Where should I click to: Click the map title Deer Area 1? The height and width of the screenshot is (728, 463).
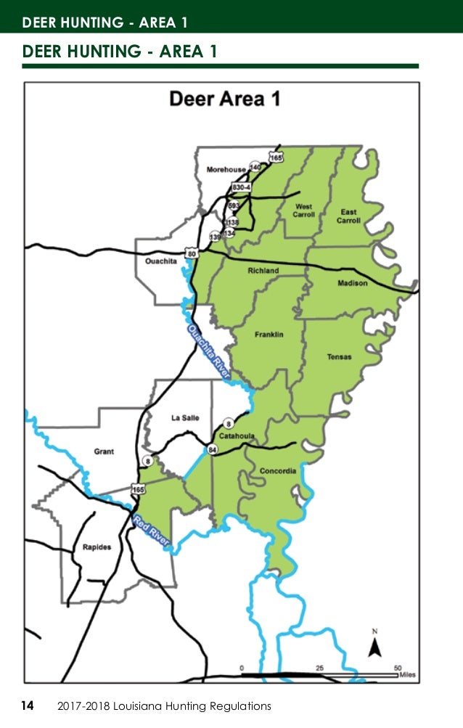click(x=224, y=99)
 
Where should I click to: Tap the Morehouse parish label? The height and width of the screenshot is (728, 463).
click(x=226, y=169)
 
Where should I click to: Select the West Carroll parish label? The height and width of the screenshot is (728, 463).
click(x=303, y=210)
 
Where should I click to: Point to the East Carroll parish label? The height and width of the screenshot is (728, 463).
click(x=348, y=216)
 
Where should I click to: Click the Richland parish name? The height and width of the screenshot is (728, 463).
click(x=263, y=271)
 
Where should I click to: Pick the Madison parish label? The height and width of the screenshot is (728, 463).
click(x=353, y=283)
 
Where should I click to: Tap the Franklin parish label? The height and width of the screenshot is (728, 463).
click(x=269, y=335)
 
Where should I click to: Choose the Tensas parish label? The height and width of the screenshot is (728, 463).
click(x=339, y=357)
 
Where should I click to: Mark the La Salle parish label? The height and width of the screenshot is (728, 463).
click(x=185, y=417)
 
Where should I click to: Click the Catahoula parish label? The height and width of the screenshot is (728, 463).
click(x=237, y=436)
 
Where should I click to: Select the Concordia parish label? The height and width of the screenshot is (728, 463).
click(x=278, y=471)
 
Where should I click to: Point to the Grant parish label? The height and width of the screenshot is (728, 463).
click(x=104, y=451)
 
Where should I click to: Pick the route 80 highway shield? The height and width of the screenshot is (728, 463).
click(x=191, y=253)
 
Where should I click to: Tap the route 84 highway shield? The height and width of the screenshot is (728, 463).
click(x=213, y=451)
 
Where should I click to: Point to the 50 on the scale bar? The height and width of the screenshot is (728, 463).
click(x=398, y=666)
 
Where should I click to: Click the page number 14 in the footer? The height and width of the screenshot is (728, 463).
click(x=28, y=705)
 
